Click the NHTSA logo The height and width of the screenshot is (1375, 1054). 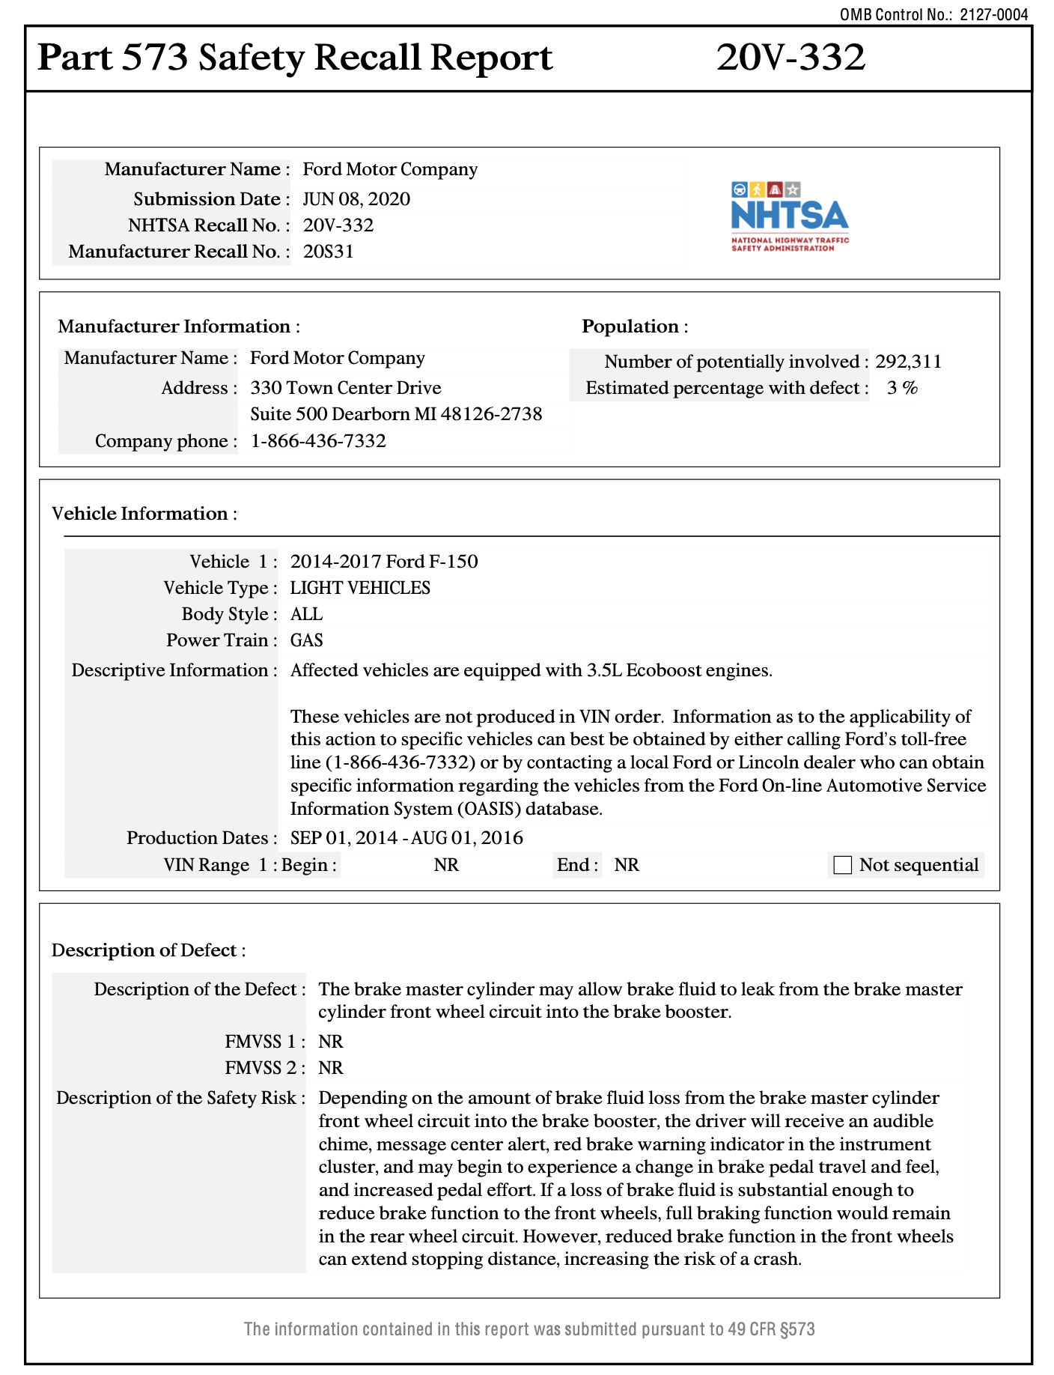[x=790, y=216]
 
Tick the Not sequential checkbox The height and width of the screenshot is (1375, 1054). [x=843, y=865]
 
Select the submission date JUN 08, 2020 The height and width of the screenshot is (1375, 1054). [x=356, y=199]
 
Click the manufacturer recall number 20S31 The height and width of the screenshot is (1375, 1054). [x=328, y=252]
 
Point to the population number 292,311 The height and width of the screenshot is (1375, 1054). [x=908, y=362]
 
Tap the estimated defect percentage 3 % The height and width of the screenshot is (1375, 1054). [x=902, y=388]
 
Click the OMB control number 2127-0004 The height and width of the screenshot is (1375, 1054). [x=994, y=14]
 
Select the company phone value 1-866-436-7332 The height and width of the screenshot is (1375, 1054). [x=318, y=441]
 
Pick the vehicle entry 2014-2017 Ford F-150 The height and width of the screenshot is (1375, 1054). [x=384, y=562]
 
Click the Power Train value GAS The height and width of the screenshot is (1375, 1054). [x=307, y=640]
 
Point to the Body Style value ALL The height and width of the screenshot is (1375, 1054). [x=306, y=614]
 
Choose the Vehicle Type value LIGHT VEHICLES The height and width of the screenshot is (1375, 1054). [x=360, y=588]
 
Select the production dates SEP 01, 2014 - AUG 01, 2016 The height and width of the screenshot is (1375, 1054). [x=406, y=838]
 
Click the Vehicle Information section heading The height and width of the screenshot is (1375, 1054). [x=144, y=514]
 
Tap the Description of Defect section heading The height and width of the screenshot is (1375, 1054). [x=148, y=950]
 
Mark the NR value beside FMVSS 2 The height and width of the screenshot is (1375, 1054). [x=331, y=1068]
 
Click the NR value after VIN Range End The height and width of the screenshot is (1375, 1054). [x=627, y=865]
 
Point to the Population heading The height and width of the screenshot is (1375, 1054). [x=634, y=327]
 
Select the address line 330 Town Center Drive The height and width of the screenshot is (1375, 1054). [x=345, y=388]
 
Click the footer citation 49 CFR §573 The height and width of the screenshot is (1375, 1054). [x=771, y=1329]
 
